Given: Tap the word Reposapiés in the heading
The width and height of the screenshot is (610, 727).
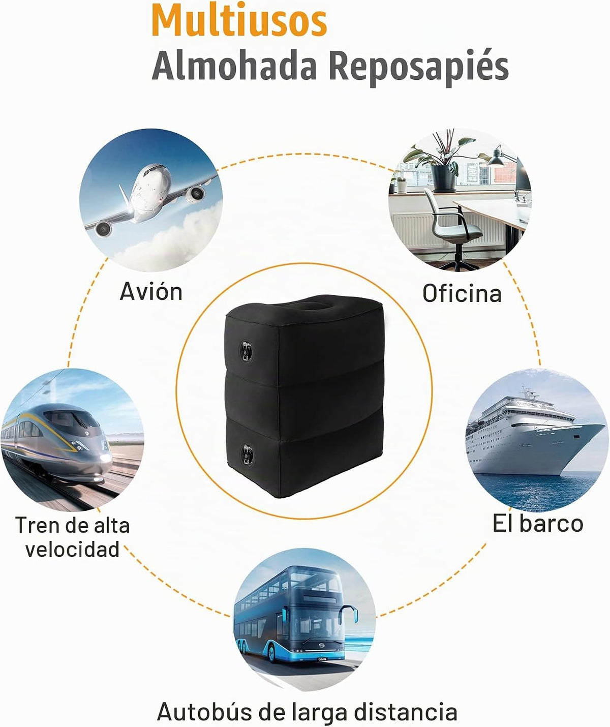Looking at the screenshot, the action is (x=418, y=68).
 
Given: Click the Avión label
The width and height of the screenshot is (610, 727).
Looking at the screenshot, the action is (x=151, y=291).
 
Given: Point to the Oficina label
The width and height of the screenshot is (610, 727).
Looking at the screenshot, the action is (x=462, y=293).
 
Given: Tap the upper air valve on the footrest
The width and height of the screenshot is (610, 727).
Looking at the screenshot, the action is (x=246, y=350).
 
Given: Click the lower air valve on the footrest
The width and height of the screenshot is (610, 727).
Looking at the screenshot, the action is (x=247, y=455).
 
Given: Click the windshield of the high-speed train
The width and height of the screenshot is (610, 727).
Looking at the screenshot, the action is (x=71, y=419).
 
